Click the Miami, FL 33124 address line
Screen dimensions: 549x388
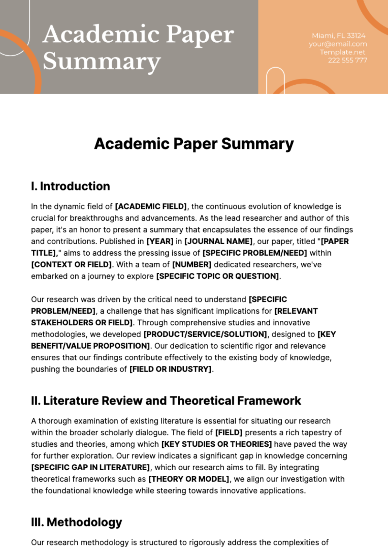click(339, 36)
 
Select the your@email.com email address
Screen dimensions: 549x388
click(338, 44)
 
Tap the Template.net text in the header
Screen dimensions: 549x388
click(342, 52)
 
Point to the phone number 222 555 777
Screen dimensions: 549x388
click(347, 60)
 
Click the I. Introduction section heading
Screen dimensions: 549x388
click(70, 186)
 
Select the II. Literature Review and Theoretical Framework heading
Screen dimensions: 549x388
click(166, 401)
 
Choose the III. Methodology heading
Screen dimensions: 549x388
click(77, 522)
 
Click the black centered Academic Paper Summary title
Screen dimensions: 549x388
click(194, 144)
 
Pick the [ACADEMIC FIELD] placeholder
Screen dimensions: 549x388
click(151, 207)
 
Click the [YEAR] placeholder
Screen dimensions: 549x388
click(160, 241)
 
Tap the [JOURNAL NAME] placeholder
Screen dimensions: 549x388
click(219, 241)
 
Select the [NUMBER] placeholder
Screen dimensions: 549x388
click(192, 265)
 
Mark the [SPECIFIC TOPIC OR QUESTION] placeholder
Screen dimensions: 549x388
click(218, 276)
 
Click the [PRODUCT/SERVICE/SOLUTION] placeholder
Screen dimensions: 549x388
click(205, 334)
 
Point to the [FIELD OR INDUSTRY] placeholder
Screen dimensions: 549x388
click(170, 369)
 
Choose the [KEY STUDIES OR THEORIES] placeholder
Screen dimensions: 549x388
click(217, 444)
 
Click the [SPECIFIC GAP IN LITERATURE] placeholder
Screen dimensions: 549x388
click(91, 467)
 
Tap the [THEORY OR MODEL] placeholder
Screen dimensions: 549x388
click(189, 479)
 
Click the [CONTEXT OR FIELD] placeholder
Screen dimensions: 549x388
click(71, 265)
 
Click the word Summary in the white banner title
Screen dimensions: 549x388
click(102, 61)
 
